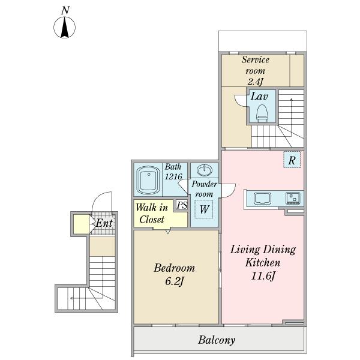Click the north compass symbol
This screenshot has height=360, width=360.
pos(65,27)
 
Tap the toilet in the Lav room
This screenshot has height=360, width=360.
pos(262,113)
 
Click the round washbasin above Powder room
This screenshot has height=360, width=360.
pos(205,170)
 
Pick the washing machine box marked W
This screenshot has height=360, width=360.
pos(204,209)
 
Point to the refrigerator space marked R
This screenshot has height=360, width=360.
pos(292,160)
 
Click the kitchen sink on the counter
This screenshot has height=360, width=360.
pos(262,199)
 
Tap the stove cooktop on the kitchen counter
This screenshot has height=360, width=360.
pos(293,198)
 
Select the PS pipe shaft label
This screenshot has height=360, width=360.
pos(182,205)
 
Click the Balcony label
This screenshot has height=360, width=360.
pos(217,340)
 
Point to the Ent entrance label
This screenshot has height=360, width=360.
pos(104,223)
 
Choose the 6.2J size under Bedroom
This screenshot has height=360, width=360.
pos(175,281)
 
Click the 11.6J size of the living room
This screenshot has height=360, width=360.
pos(263,276)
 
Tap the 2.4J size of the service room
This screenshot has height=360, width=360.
pos(255,82)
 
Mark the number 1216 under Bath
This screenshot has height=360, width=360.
pos(173,176)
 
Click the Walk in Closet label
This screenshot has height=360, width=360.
pos(152,213)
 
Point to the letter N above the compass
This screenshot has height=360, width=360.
pos(65,10)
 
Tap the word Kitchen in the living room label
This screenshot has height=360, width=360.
pos(263,262)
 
